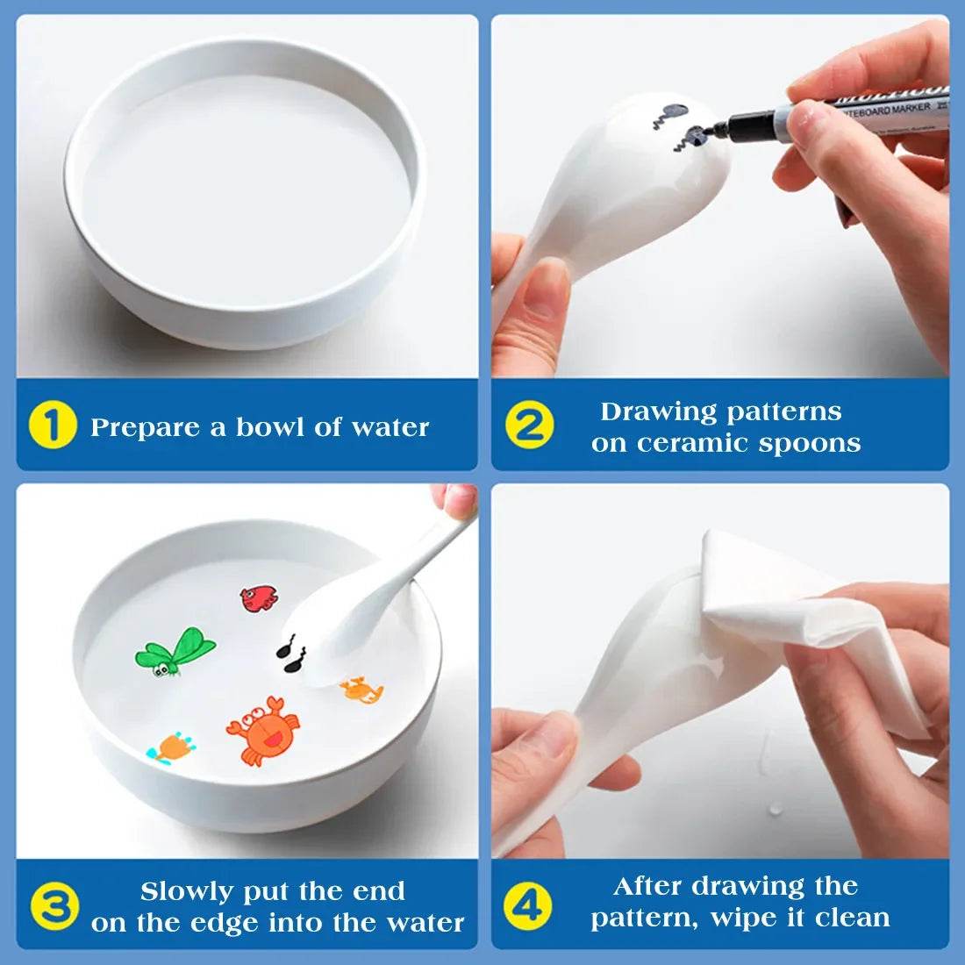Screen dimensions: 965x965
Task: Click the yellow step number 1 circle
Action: (53, 425)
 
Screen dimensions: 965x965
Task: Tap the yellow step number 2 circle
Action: (529, 425)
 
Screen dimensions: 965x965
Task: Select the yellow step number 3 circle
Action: (54, 906)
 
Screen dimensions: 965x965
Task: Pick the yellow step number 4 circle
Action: (528, 904)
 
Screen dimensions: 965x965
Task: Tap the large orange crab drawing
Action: (262, 729)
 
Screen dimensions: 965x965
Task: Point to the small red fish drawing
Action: (259, 598)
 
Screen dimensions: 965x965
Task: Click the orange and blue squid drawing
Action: (172, 748)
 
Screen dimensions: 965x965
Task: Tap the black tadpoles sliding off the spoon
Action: (291, 654)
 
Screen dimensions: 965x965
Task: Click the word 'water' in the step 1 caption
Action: (390, 427)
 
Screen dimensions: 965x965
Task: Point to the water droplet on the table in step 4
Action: (775, 809)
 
